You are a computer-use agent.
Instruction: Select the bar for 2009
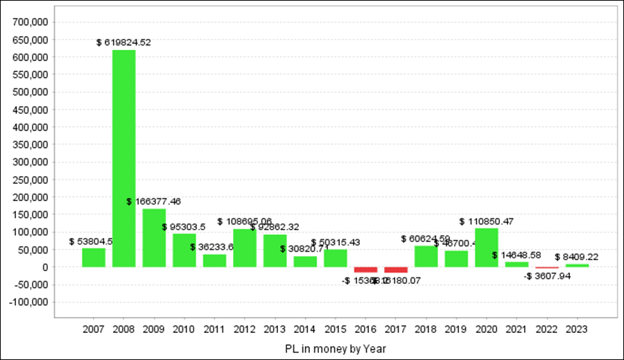click(x=154, y=237)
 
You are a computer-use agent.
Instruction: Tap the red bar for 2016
click(x=365, y=270)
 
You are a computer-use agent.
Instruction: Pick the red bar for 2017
click(x=396, y=270)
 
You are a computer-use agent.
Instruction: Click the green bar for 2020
click(x=487, y=248)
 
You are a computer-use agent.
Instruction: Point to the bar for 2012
click(x=245, y=248)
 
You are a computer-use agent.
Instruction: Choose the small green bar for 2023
click(x=577, y=266)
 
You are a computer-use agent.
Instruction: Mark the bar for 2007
click(x=94, y=257)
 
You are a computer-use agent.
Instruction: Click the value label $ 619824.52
click(x=123, y=42)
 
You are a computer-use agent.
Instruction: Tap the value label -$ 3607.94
click(x=548, y=276)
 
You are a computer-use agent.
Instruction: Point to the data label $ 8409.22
click(x=578, y=257)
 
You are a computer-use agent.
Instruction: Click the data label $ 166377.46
click(x=154, y=202)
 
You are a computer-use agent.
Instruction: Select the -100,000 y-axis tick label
click(x=28, y=302)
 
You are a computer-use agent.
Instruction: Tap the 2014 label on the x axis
click(x=305, y=329)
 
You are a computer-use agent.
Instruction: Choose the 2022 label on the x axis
click(x=546, y=329)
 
